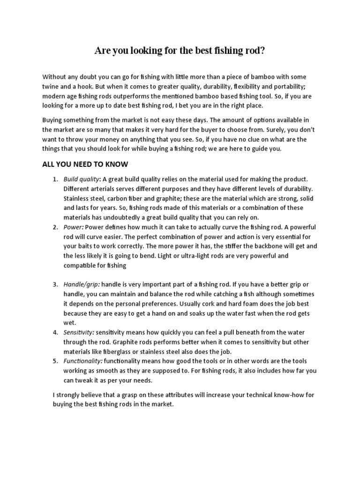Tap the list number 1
pyautogui.click(x=55, y=180)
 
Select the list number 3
pyautogui.click(x=55, y=285)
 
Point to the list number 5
pyautogui.click(x=55, y=361)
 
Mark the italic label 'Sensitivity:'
pyautogui.click(x=80, y=332)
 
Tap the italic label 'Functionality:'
pyautogui.click(x=83, y=361)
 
